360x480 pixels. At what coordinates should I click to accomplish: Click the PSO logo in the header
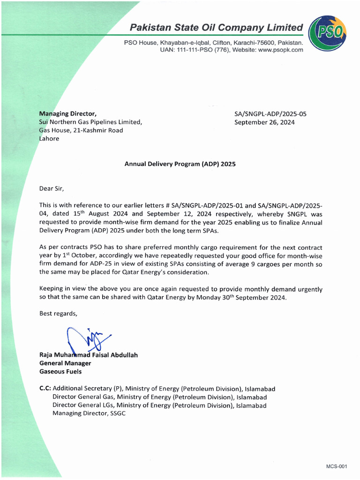click(x=329, y=32)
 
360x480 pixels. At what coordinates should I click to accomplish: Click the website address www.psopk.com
click(x=280, y=50)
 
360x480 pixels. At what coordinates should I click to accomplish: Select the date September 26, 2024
click(x=264, y=122)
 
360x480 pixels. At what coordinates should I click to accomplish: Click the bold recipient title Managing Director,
click(x=68, y=113)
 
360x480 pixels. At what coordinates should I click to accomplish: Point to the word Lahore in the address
click(x=49, y=139)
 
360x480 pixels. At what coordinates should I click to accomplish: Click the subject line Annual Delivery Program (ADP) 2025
click(x=180, y=164)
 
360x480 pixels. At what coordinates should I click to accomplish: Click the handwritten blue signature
click(x=87, y=340)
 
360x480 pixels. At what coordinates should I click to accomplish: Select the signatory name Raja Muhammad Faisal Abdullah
click(x=88, y=355)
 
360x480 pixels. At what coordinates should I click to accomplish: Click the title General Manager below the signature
click(x=65, y=363)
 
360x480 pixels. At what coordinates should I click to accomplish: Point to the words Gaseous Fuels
click(x=60, y=372)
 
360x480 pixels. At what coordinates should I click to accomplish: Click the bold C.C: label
click(x=45, y=389)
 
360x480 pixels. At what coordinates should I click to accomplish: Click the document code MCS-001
click(x=337, y=466)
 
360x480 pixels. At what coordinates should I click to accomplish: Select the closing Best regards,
click(x=59, y=314)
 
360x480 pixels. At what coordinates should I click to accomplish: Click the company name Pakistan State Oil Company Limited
click(x=217, y=27)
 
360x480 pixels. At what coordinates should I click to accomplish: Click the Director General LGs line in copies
click(x=159, y=405)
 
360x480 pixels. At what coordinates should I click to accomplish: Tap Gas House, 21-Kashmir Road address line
click(x=81, y=130)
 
